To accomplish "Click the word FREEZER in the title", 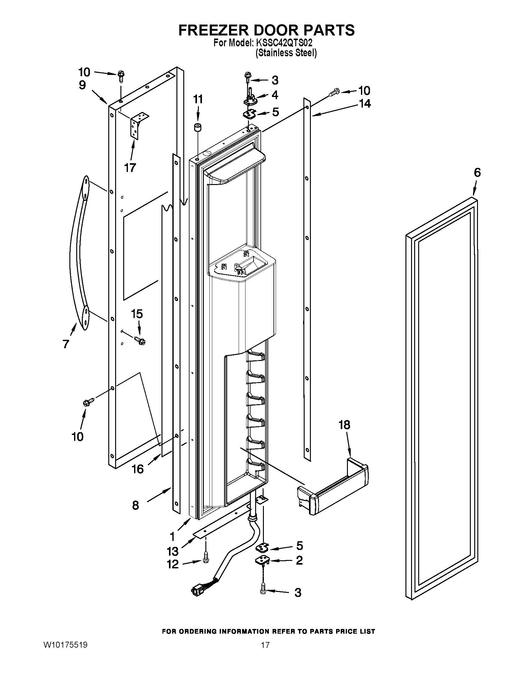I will point(213,30).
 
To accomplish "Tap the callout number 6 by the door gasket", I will point(477,173).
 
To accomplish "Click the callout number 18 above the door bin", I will point(344,425).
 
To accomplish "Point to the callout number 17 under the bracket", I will point(130,168).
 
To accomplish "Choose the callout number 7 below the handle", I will point(65,344).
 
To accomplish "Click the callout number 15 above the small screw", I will point(137,313).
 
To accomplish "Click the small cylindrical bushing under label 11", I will point(197,128).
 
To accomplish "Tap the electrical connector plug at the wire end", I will point(196,590).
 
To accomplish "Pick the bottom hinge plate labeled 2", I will point(263,560).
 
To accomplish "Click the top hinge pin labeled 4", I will point(251,98).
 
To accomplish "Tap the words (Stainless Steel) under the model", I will point(286,53).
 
